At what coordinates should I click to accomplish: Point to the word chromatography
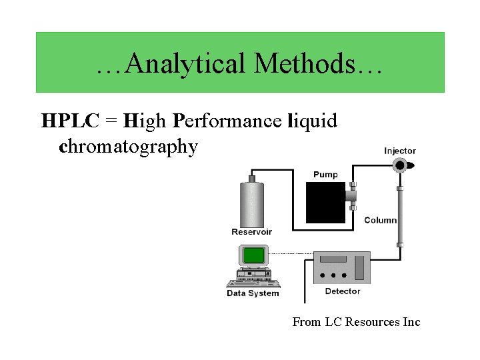point(129,146)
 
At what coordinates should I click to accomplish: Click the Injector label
point(399,151)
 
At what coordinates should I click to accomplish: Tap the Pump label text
point(325,175)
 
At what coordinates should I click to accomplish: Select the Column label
point(380,220)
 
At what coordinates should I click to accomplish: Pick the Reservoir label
point(251,232)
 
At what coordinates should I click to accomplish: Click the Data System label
point(253,293)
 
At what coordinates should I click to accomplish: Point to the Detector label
point(342,291)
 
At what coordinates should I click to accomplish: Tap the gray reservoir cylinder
point(251,203)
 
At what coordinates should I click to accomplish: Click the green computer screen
point(253,255)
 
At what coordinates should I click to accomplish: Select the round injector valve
point(400,165)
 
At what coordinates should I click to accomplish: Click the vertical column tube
point(400,217)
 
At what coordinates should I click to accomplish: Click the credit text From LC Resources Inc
point(356,322)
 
